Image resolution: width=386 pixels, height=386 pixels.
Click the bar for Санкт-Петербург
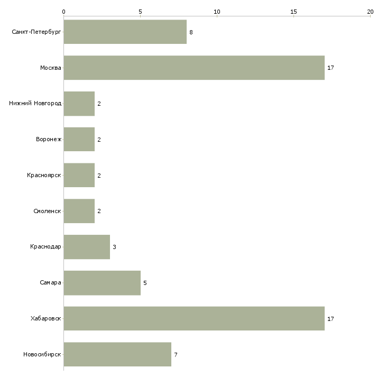125,32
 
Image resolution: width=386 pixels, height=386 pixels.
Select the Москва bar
194,68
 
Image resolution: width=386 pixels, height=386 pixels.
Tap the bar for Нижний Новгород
79,104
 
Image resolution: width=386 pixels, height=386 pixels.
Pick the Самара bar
102,283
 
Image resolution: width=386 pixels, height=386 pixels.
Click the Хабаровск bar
194,318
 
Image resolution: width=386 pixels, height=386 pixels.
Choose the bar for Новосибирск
117,354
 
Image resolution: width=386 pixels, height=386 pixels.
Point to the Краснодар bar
87,247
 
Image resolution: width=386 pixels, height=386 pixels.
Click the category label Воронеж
49,140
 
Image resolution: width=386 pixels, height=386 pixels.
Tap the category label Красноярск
44,175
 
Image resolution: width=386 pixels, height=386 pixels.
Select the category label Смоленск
47,211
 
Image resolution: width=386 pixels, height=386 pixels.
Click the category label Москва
51,68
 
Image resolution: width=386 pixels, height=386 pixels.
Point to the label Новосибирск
42,354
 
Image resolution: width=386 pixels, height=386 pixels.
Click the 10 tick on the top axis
217,12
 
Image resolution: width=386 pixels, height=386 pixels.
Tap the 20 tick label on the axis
370,12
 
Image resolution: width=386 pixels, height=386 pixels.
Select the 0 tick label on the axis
64,12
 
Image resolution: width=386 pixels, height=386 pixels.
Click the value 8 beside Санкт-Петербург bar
191,32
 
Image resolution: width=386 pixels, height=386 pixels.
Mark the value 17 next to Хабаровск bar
330,319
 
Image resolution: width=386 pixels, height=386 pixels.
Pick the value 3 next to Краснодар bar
114,247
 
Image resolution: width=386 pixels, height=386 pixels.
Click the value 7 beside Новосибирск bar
176,355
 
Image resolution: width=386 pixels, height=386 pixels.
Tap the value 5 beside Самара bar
145,283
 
